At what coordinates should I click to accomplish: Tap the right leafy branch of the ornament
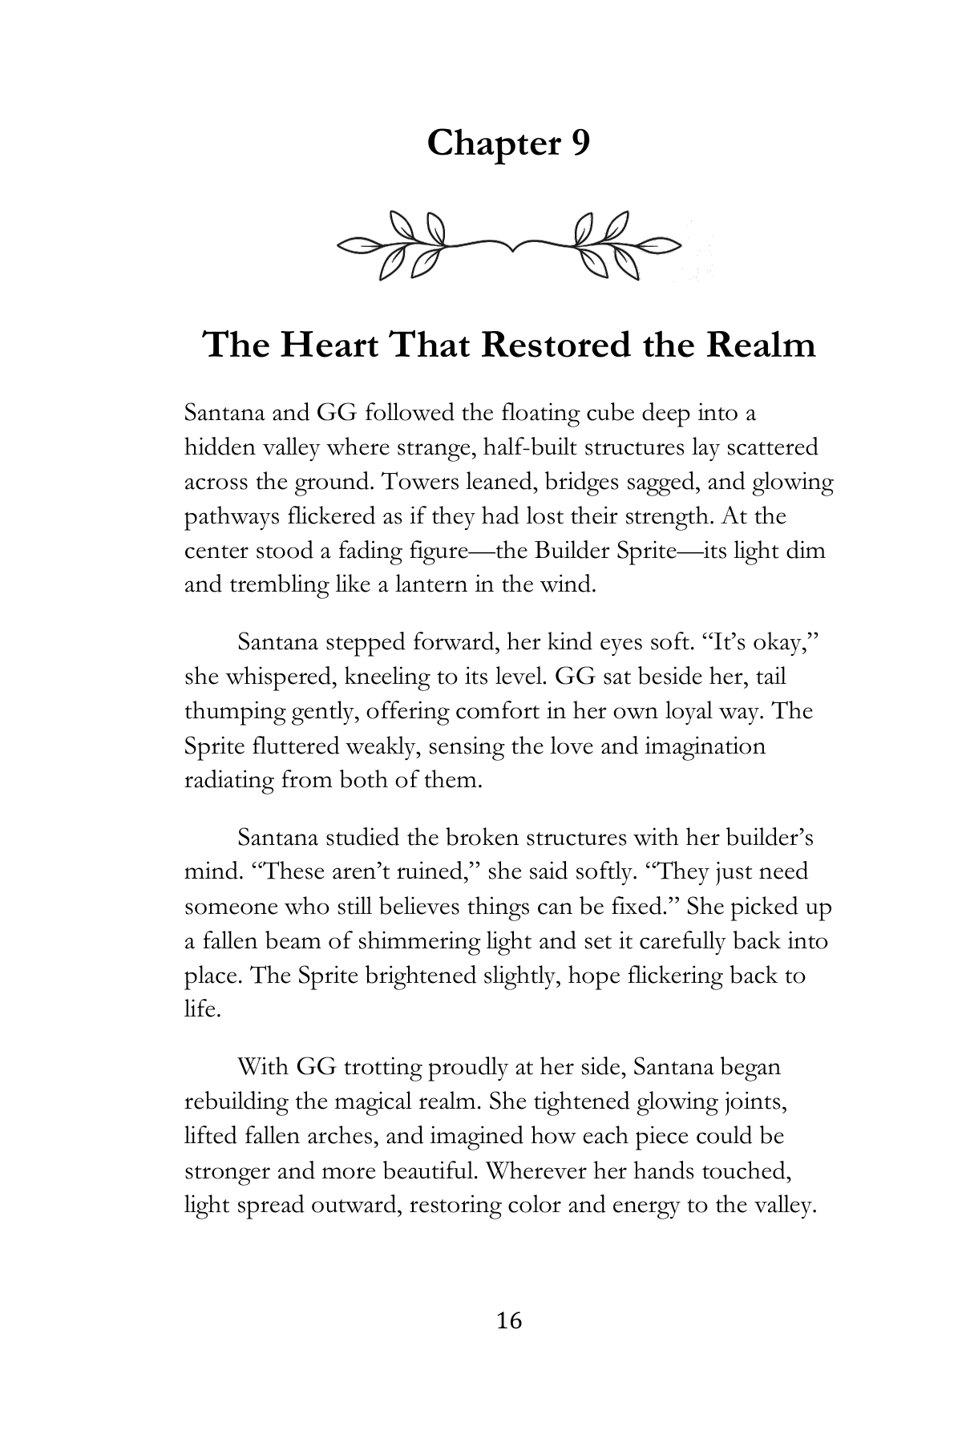point(617,244)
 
